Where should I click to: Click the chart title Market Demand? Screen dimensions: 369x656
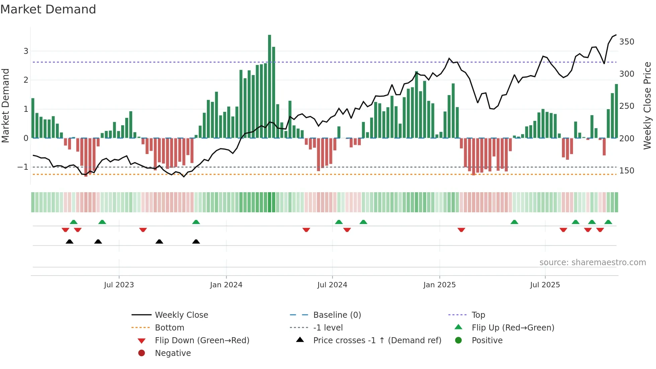pyautogui.click(x=48, y=9)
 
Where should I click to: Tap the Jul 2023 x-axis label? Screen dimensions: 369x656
pyautogui.click(x=119, y=285)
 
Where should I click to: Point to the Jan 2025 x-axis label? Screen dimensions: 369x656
pyautogui.click(x=439, y=285)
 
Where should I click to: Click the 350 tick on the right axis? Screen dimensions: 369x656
pyautogui.click(x=627, y=42)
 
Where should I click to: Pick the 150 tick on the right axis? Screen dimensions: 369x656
pyautogui.click(x=627, y=171)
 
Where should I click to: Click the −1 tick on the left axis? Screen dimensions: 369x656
pyautogui.click(x=23, y=167)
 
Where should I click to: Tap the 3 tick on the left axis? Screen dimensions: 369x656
pyautogui.click(x=26, y=51)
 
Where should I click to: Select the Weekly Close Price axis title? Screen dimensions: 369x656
pyautogui.click(x=647, y=105)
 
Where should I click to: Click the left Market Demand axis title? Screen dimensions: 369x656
pyautogui.click(x=5, y=105)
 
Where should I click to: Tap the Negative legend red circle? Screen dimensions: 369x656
pyautogui.click(x=142, y=353)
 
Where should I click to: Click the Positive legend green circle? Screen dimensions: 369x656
pyautogui.click(x=459, y=341)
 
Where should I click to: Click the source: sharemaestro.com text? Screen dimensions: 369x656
pyautogui.click(x=592, y=263)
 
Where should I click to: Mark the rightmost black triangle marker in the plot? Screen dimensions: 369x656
pyautogui.click(x=196, y=241)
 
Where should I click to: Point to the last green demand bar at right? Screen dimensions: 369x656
pyautogui.click(x=616, y=111)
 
